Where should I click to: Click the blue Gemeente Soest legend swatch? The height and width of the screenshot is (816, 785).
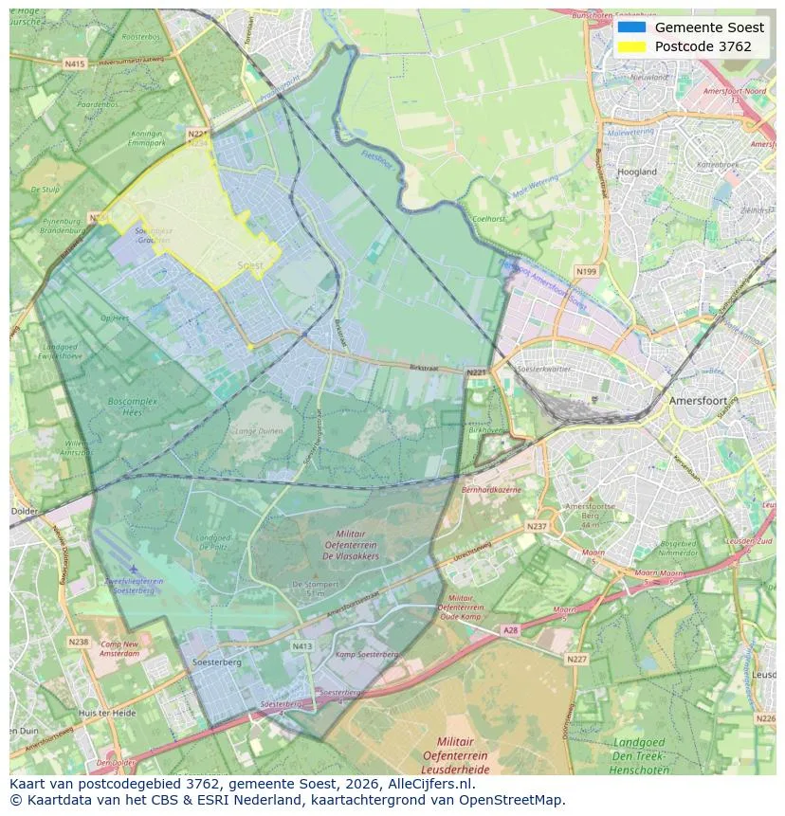pyautogui.click(x=630, y=27)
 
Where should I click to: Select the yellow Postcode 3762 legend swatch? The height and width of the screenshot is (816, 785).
pyautogui.click(x=630, y=46)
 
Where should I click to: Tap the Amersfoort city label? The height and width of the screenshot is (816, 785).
pyautogui.click(x=698, y=401)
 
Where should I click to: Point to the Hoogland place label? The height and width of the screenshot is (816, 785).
pyautogui.click(x=636, y=172)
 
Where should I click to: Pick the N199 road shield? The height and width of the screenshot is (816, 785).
pyautogui.click(x=586, y=272)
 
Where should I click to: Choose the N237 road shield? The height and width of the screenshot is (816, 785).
pyautogui.click(x=537, y=526)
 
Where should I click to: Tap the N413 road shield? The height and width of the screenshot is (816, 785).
pyautogui.click(x=301, y=646)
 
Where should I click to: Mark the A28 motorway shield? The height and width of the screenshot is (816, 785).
pyautogui.click(x=511, y=629)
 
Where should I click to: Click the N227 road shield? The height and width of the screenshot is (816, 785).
pyautogui.click(x=576, y=659)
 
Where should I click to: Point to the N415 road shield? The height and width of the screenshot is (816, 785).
pyautogui.click(x=75, y=63)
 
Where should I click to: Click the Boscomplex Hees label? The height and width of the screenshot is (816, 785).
pyautogui.click(x=133, y=408)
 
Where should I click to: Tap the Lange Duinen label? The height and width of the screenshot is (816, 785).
pyautogui.click(x=258, y=431)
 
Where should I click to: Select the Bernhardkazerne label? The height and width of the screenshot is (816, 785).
pyautogui.click(x=492, y=490)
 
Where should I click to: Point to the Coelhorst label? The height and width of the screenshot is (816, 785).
pyautogui.click(x=489, y=219)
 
